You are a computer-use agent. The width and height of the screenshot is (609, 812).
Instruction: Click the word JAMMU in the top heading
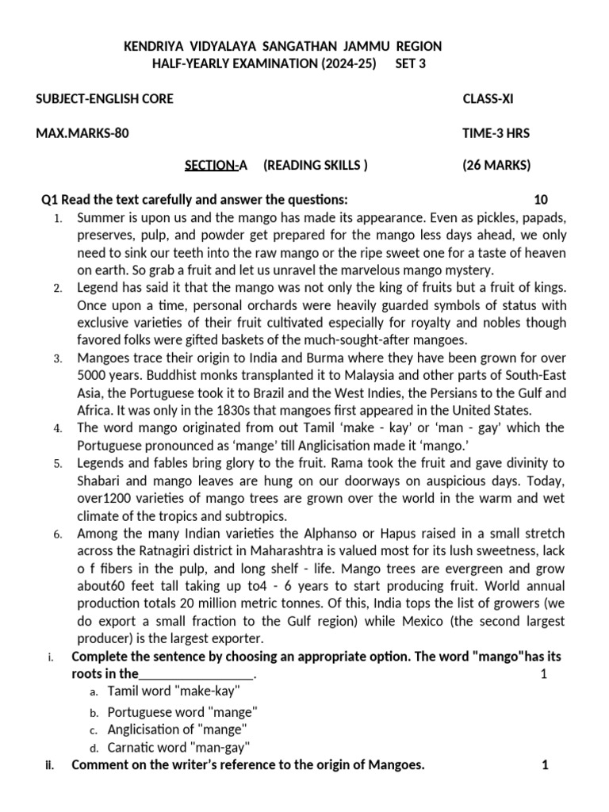point(353,47)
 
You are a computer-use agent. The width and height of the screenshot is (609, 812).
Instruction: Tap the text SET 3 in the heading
point(410,64)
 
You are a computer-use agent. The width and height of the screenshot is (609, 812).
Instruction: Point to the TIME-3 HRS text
point(496,133)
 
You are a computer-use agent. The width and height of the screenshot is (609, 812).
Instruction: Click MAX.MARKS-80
point(82,133)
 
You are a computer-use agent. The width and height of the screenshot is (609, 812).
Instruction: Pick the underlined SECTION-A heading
point(216,165)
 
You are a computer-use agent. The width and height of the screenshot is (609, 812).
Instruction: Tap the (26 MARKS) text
point(496,165)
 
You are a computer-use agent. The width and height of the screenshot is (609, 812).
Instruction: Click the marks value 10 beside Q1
point(540,199)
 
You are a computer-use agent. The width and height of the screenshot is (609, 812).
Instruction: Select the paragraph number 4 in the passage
point(58,428)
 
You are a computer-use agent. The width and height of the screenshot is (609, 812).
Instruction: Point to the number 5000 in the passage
point(93,375)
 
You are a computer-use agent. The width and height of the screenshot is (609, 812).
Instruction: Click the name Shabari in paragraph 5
point(101,480)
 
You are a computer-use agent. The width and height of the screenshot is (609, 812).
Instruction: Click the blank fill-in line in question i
point(197,674)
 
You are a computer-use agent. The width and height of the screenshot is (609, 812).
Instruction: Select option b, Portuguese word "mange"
point(182,711)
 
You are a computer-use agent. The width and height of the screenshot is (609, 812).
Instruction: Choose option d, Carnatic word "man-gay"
point(179,746)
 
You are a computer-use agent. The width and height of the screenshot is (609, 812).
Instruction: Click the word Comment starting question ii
point(98,765)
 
